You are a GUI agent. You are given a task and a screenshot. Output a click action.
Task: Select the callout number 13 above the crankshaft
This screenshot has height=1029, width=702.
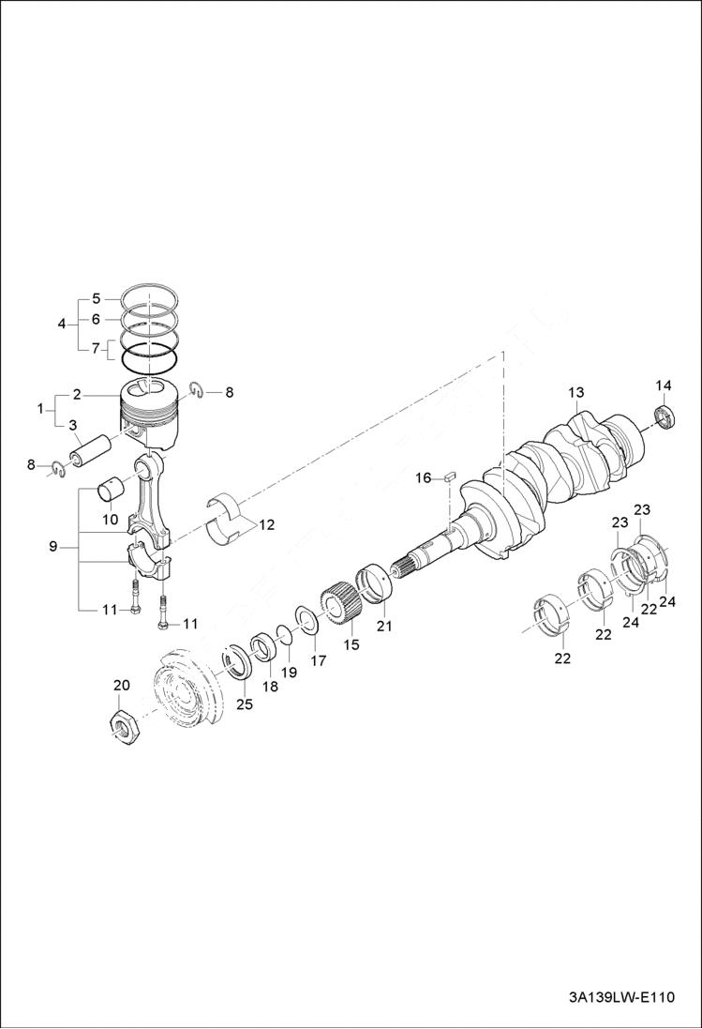click(x=575, y=391)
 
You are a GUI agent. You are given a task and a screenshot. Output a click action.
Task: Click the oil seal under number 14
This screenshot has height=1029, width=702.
click(x=665, y=416)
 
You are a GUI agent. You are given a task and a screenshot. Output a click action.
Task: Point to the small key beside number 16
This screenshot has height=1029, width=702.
click(x=449, y=477)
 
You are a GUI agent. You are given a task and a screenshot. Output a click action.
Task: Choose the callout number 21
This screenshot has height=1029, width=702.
click(x=384, y=625)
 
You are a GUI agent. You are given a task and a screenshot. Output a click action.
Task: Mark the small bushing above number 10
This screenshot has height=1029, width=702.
click(x=114, y=492)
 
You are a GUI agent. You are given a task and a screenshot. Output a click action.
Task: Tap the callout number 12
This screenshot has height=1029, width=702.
click(x=267, y=524)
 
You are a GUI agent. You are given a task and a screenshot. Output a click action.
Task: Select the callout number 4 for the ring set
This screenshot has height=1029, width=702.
click(x=62, y=324)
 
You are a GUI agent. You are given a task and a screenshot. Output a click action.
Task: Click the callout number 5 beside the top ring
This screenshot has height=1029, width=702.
click(x=96, y=299)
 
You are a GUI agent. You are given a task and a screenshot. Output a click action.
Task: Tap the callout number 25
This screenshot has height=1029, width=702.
click(x=244, y=704)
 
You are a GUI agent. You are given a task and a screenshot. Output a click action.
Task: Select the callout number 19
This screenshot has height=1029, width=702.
click(x=290, y=673)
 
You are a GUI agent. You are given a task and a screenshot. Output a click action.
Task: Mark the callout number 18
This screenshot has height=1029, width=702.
click(x=270, y=687)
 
